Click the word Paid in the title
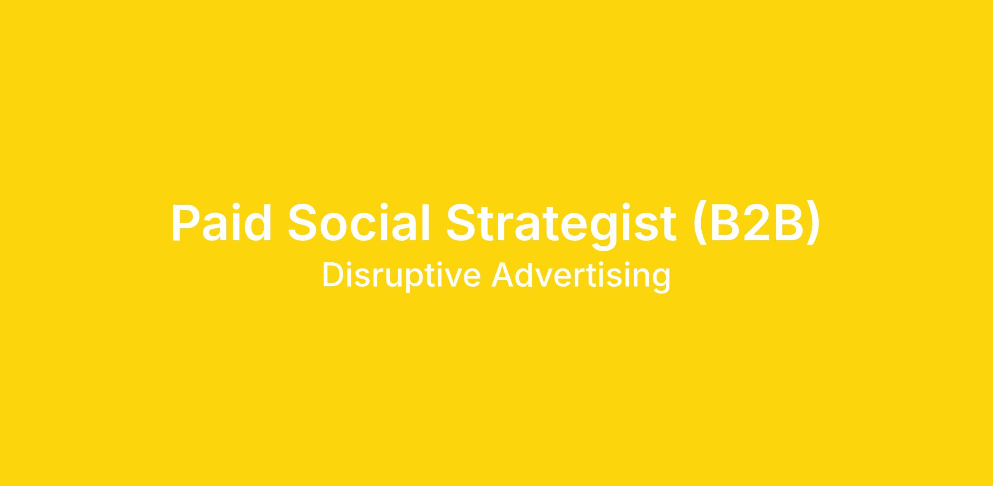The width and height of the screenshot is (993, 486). click(x=222, y=222)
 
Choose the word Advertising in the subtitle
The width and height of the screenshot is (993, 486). click(x=581, y=276)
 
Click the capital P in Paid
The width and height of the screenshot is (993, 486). click(x=186, y=222)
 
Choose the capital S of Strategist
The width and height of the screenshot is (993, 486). click(x=462, y=222)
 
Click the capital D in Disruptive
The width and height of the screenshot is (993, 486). click(x=335, y=274)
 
